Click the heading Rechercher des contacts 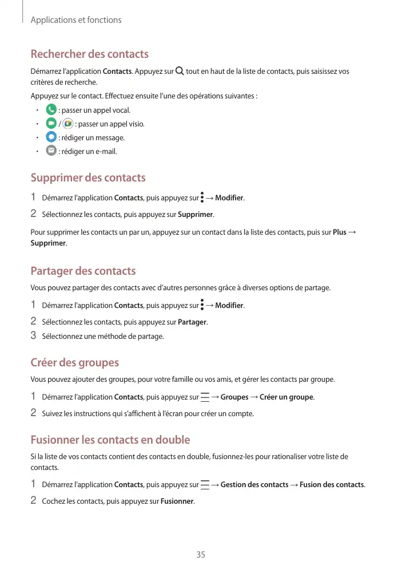(x=89, y=54)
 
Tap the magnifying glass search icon (x=180, y=71)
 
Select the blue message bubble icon (x=51, y=137)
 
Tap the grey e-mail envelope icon (x=51, y=151)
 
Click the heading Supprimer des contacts (x=87, y=177)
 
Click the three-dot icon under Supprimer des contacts (x=202, y=198)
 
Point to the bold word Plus (x=339, y=232)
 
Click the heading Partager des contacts (x=83, y=271)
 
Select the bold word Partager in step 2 (x=192, y=322)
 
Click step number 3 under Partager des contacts (x=33, y=335)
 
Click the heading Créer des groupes (x=74, y=362)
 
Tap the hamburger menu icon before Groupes (x=205, y=397)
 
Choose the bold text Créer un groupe (x=286, y=397)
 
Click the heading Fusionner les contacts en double (x=110, y=440)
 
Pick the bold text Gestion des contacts (x=254, y=485)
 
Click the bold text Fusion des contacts (x=332, y=485)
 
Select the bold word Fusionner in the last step (x=177, y=502)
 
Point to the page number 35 (x=201, y=554)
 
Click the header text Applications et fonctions (x=76, y=20)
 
